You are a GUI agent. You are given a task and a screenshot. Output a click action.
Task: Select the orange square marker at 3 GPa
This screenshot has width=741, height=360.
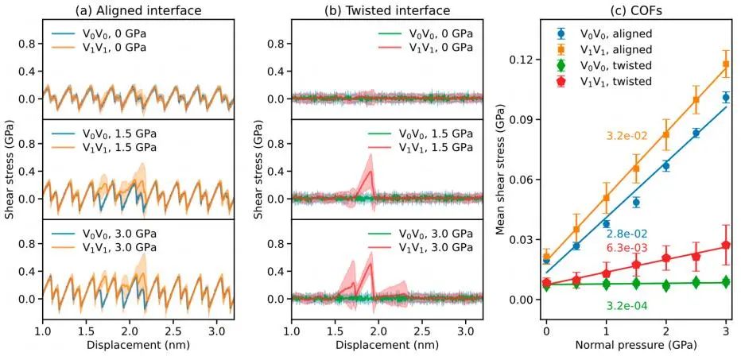coord(726,64)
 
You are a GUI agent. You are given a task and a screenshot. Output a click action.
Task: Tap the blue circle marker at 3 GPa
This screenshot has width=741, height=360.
coord(726,97)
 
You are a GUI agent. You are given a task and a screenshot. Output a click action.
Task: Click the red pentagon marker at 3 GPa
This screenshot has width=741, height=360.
coord(726,245)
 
